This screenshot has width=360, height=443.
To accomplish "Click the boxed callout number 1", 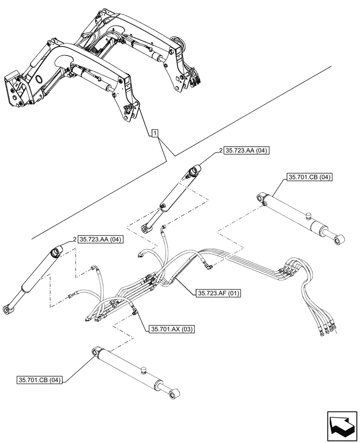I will point(154,133).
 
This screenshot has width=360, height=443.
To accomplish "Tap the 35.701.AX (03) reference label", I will point(171,329).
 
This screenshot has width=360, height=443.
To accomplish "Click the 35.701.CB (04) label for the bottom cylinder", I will point(40,380).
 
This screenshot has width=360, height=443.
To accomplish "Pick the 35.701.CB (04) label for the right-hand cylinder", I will point(309,178).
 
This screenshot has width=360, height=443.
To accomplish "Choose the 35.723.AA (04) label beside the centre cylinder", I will point(247,151).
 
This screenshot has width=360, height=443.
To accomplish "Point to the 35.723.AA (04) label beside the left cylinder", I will point(101,239).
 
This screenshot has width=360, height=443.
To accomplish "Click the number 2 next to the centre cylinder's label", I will point(220,151).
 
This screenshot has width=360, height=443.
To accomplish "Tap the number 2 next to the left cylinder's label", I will point(74,239).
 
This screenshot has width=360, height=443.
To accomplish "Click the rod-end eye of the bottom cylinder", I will point(174,393).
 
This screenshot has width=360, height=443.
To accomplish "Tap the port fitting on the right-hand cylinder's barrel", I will point(309,216).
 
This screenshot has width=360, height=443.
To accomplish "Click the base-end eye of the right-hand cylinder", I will point(262,197).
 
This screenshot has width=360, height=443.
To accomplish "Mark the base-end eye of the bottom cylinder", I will point(95,352).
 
